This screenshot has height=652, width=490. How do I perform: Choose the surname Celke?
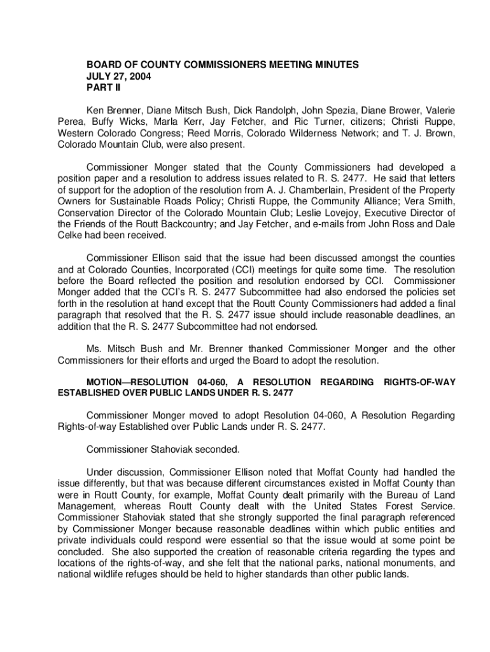71,236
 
